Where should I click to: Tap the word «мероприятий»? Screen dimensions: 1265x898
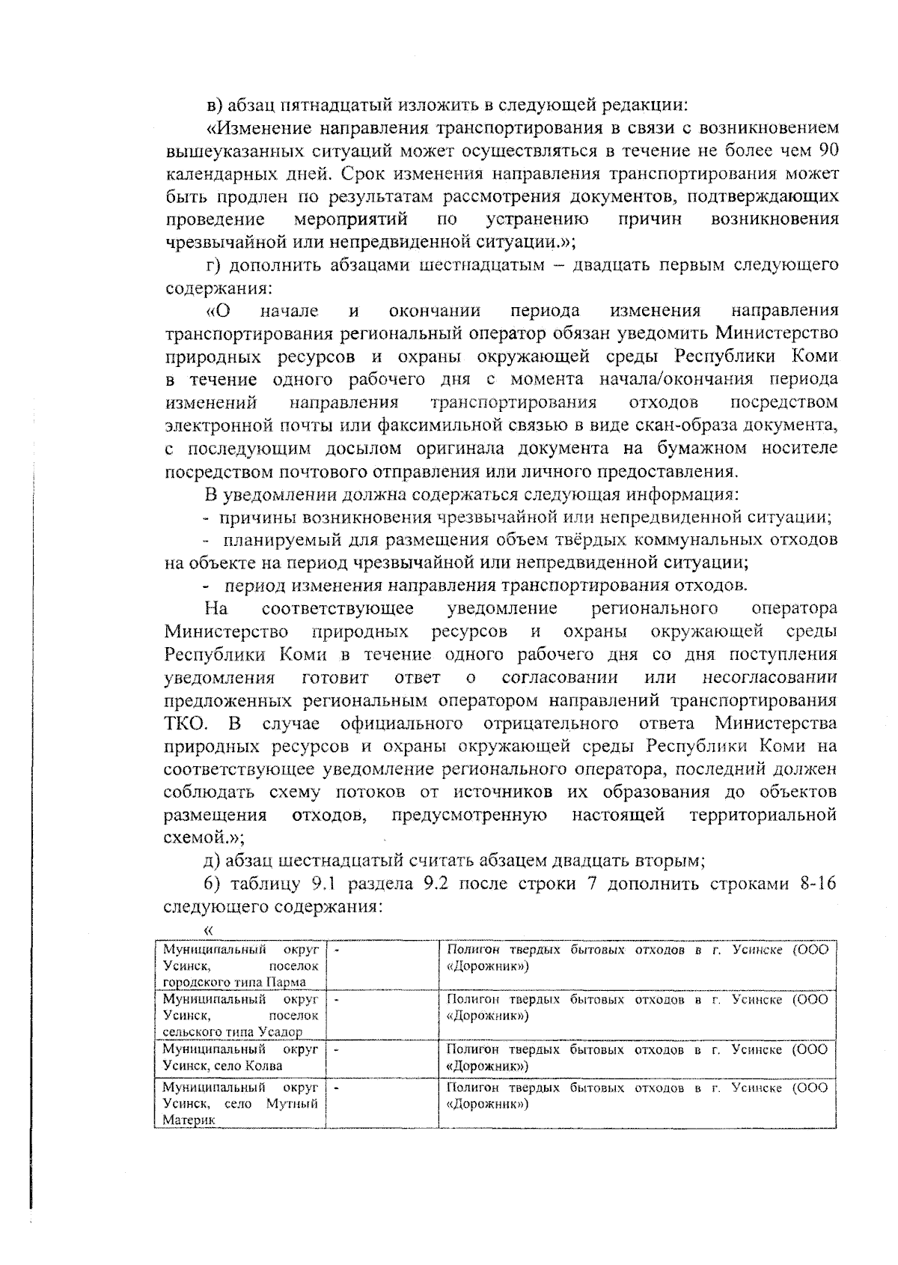(x=351, y=219)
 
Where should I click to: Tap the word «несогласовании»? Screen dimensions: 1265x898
(x=771, y=678)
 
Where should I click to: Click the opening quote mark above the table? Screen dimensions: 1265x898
(x=208, y=930)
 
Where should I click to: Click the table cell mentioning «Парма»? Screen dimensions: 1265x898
(x=240, y=965)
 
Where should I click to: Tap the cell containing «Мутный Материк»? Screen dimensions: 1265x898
(x=240, y=1102)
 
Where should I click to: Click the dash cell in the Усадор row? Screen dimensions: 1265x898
(x=382, y=1015)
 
